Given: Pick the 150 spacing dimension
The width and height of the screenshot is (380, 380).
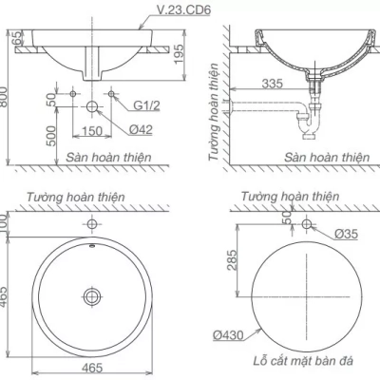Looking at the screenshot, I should (92, 130).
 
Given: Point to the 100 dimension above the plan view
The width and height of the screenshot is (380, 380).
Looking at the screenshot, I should (9, 223).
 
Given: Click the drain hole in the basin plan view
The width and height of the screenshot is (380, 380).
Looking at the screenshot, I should (91, 296).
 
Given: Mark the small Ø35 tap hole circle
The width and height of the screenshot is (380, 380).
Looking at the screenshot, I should (307, 224).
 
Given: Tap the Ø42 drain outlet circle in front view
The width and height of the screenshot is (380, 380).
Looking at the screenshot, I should (92, 106).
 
